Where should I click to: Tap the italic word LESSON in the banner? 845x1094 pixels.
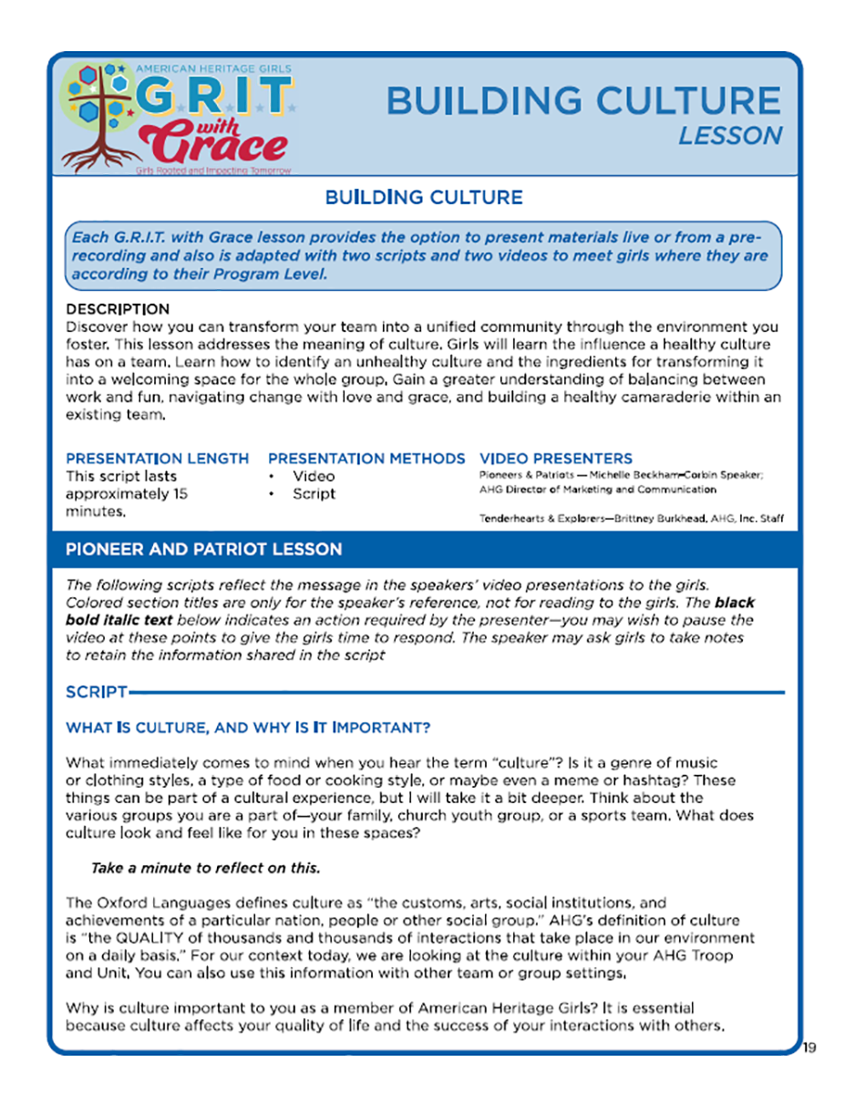click(x=730, y=136)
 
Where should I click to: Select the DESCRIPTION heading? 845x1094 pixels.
click(x=118, y=309)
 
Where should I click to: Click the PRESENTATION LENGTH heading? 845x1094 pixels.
click(x=157, y=458)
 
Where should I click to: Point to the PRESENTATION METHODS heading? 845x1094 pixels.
click(x=366, y=458)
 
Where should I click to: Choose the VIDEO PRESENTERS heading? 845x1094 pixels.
click(x=555, y=458)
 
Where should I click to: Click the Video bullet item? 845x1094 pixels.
click(x=314, y=476)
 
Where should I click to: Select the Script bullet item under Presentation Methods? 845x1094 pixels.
click(x=314, y=494)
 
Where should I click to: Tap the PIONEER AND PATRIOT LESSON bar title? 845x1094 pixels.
click(x=204, y=549)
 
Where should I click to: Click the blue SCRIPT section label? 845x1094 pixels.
click(x=96, y=693)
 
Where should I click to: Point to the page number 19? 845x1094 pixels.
click(x=809, y=1048)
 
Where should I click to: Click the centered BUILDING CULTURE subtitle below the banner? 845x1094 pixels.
click(x=423, y=197)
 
